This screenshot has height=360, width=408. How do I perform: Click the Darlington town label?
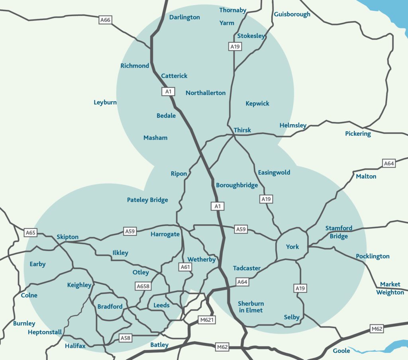[184, 18]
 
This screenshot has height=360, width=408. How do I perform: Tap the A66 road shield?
[105, 20]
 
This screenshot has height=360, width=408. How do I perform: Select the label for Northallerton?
[206, 93]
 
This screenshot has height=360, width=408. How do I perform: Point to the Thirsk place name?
[242, 130]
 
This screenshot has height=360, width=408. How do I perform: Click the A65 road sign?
[31, 232]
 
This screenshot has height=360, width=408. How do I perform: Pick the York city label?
[292, 247]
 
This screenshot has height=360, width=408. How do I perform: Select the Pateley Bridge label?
[147, 200]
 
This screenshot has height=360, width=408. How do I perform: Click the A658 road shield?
[143, 286]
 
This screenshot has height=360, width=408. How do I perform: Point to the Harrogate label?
[165, 234]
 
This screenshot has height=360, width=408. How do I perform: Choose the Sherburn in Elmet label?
[250, 307]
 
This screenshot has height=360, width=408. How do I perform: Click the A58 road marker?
[125, 338]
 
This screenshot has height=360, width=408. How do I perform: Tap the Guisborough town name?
[292, 14]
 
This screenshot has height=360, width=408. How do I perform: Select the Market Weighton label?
[390, 288]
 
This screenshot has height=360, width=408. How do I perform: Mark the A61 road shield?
[185, 267]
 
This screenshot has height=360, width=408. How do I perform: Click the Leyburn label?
[105, 102]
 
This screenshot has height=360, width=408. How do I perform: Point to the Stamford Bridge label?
[339, 232]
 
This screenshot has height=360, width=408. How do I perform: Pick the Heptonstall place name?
[45, 332]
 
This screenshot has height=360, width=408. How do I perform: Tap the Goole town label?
[341, 351]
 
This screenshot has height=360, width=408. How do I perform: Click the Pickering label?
[358, 134]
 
